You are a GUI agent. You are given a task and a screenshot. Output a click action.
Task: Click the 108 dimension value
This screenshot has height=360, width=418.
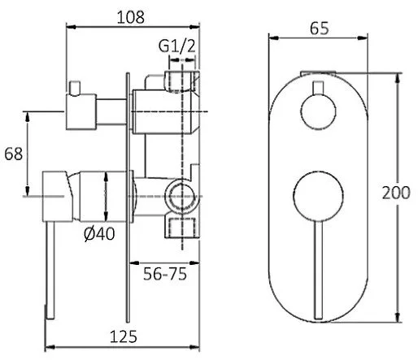click(131, 17)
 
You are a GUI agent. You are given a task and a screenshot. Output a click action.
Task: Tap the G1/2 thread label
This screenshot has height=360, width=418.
click(176, 46)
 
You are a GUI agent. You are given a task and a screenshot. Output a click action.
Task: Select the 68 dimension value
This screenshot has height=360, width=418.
click(13, 154)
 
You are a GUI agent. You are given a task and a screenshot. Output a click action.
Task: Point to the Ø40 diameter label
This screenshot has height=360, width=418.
click(99, 234)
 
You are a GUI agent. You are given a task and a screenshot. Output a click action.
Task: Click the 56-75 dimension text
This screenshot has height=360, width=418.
click(165, 274)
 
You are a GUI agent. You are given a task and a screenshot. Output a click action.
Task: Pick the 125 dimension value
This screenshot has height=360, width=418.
click(124, 337)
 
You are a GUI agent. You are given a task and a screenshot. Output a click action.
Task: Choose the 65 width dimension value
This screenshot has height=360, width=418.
click(320, 28)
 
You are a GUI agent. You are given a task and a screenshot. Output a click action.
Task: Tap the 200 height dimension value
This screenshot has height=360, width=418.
click(396, 193)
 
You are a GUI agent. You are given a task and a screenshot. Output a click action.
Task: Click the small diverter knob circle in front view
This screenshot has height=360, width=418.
click(318, 111)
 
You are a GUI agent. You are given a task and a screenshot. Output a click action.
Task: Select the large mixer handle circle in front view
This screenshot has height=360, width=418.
click(318, 197)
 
